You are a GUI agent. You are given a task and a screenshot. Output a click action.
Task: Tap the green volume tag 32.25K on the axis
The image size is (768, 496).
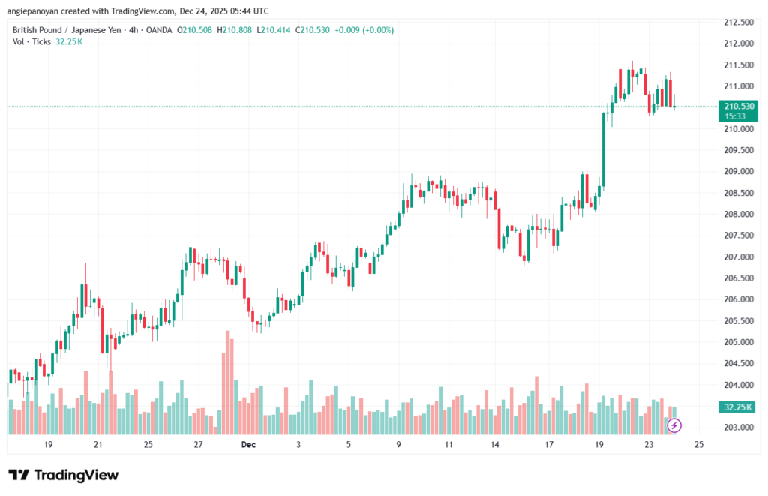pyautogui.click(x=738, y=407)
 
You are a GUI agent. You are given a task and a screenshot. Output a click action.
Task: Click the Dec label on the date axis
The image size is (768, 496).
pyautogui.click(x=248, y=445)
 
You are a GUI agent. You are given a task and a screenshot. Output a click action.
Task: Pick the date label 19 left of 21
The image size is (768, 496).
pyautogui.click(x=48, y=445)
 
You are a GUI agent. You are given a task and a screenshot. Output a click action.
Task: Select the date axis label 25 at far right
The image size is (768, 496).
pyautogui.click(x=699, y=445)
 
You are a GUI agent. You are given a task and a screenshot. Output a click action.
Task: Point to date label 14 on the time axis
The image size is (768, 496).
pyautogui.click(x=495, y=445)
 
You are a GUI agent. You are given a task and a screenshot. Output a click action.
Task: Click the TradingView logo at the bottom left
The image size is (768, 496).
pyautogui.click(x=63, y=475)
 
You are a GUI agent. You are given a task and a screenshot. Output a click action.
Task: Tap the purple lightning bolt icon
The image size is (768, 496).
pyautogui.click(x=674, y=425)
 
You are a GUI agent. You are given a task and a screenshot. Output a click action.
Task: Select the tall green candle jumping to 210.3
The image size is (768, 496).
pyautogui.click(x=604, y=149)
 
